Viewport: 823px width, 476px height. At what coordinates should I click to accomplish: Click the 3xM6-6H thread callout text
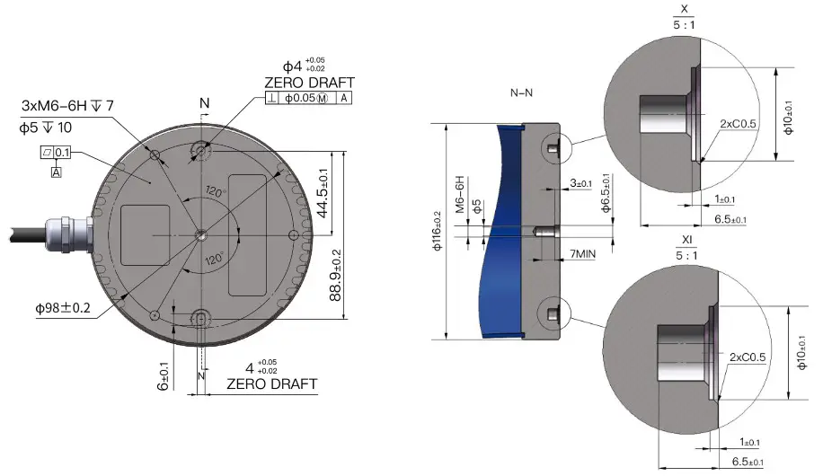point(67,106)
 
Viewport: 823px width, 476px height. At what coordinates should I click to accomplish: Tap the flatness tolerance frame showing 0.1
point(56,153)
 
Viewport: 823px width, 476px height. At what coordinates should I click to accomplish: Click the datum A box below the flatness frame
point(56,171)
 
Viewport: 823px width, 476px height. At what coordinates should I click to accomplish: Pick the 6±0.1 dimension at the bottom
point(164,375)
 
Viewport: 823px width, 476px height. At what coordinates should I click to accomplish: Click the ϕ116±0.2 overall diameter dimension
point(438,232)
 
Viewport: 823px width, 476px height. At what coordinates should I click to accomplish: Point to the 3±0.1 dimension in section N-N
point(580,184)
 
